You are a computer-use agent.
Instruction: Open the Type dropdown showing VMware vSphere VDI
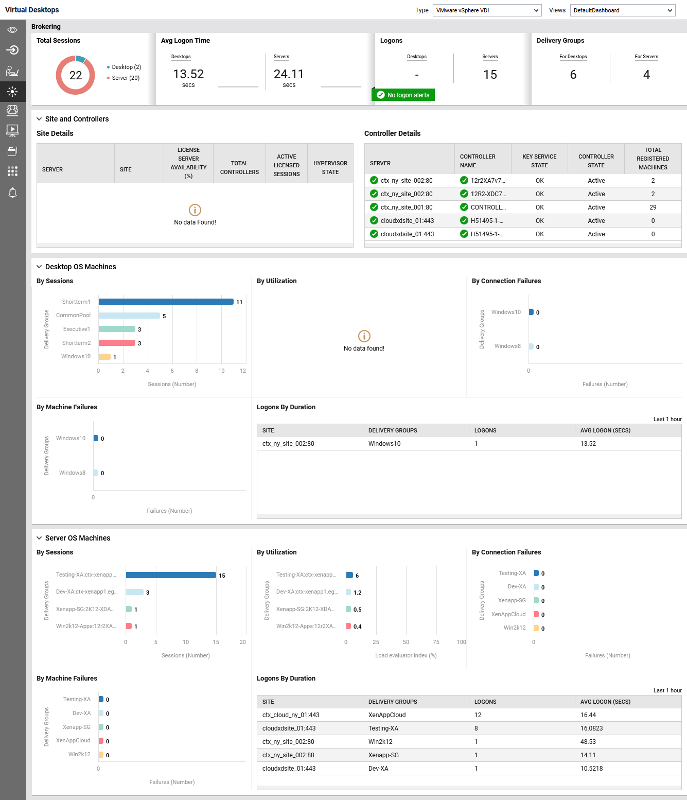point(487,10)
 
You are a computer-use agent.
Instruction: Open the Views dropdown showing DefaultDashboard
point(622,10)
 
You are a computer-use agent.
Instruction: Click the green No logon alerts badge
point(403,95)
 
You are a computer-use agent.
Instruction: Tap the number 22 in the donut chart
point(76,76)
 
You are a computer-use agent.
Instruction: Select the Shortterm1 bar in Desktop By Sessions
point(166,302)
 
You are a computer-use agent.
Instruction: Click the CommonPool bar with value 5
point(129,316)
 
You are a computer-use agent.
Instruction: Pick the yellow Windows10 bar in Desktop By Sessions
point(104,357)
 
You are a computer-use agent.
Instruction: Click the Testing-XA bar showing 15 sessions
point(171,575)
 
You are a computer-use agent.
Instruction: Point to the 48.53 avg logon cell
point(588,742)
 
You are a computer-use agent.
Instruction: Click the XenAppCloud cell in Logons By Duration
point(387,715)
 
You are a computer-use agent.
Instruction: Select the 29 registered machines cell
point(653,207)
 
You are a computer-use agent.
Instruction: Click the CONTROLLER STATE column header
point(596,161)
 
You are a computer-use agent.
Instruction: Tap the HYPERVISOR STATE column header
point(330,167)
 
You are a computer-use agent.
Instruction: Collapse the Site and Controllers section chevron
point(39,119)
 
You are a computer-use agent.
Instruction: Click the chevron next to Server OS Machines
point(39,538)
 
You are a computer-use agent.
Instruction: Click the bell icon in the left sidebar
point(13,193)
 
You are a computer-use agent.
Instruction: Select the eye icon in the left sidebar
point(13,30)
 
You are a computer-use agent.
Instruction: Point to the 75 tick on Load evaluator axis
point(436,642)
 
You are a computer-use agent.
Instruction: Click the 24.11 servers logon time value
point(289,74)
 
